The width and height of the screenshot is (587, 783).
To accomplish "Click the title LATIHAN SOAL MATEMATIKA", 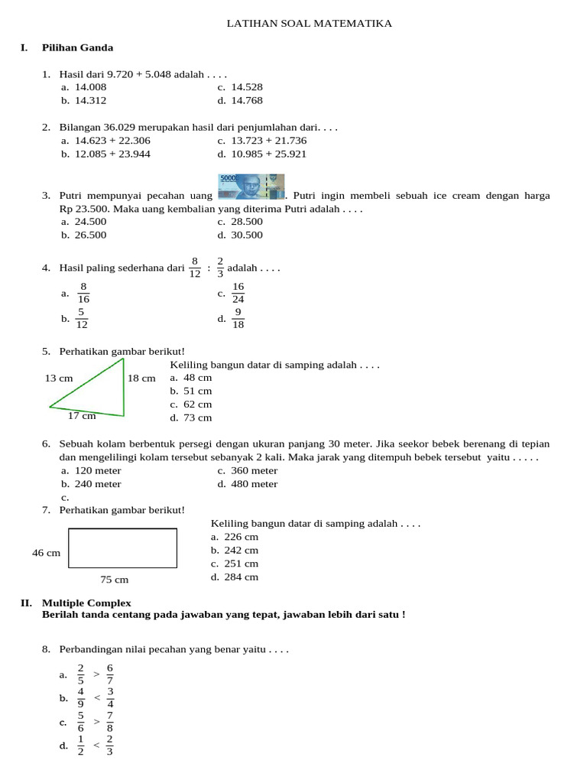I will tap(309, 24).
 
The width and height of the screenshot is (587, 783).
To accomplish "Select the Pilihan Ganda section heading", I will tap(77, 47).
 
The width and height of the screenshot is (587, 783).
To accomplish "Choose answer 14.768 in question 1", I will tap(246, 100).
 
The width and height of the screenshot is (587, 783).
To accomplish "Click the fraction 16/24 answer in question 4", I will tap(238, 293).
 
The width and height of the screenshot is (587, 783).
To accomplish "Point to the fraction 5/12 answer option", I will tap(82, 319).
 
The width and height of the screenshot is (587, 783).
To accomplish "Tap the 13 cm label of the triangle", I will tap(59, 378).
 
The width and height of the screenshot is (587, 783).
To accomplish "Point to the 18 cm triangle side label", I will tap(141, 378).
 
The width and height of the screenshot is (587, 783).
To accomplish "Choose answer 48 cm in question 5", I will tap(197, 377).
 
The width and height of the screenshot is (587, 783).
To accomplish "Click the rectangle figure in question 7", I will tap(122, 548).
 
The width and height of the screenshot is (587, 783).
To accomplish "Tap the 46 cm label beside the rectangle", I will tap(46, 552).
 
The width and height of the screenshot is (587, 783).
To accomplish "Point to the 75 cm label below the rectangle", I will tap(115, 580).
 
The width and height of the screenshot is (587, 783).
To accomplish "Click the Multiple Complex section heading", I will tap(86, 603).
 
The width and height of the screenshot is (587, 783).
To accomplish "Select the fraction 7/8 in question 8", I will tap(109, 722).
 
